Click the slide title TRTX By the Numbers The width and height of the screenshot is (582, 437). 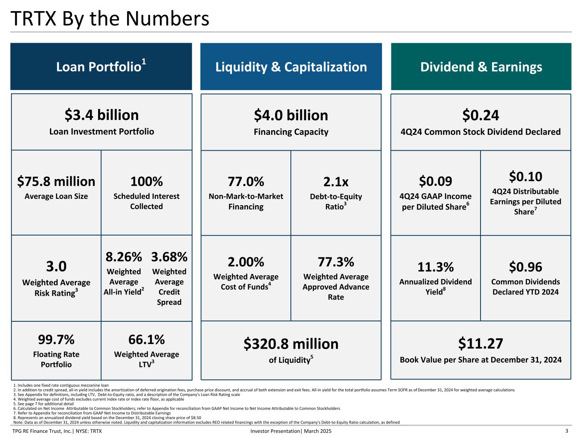[110, 19]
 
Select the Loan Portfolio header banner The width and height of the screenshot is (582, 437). [101, 67]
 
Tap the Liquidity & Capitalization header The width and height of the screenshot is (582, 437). [291, 67]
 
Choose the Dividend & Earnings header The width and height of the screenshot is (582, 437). [481, 67]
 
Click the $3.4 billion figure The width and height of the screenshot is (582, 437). [101, 115]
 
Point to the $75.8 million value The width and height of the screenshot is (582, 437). [56, 181]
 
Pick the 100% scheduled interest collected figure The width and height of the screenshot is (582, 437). [146, 181]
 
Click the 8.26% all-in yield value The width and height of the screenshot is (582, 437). [124, 257]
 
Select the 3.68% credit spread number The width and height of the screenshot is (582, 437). [169, 257]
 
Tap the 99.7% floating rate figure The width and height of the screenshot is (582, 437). [56, 340]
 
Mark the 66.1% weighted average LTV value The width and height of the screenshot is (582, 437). [146, 340]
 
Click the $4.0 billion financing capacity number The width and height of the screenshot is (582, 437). [291, 115]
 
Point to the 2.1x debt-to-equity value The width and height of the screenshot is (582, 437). [336, 182]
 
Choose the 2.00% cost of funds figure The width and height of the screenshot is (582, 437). [246, 262]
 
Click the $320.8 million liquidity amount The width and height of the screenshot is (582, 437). [291, 344]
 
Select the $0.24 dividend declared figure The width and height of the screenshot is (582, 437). [481, 115]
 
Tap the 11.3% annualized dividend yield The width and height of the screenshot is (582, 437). [435, 267]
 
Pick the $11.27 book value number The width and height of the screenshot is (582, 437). [481, 344]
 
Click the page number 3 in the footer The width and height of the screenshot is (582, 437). [567, 431]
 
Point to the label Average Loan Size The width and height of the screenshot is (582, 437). [56, 196]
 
